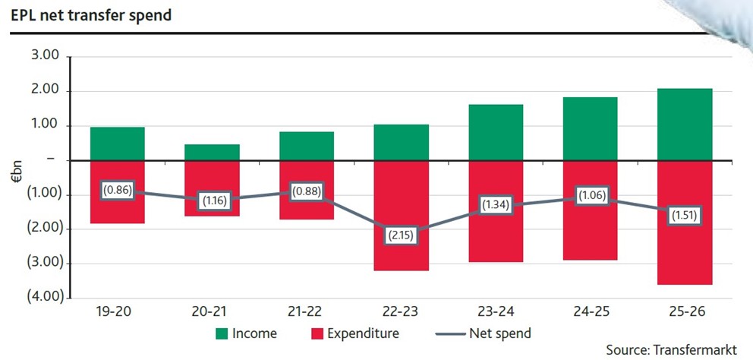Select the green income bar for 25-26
tap(685, 124)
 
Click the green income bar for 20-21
tap(213, 152)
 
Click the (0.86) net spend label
tap(118, 191)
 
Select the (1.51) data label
tap(685, 215)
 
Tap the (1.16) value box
tap(213, 201)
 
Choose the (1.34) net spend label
tap(496, 204)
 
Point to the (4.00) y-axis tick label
tap(43, 296)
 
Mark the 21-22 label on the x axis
tap(307, 311)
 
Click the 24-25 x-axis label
tap(590, 311)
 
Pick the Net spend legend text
tap(500, 333)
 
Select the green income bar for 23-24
tap(496, 132)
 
